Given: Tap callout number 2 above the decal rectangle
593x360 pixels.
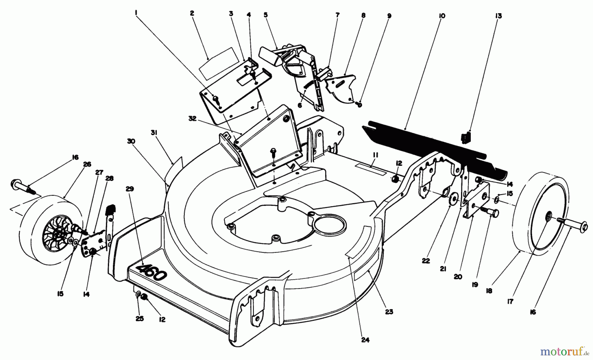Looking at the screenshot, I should click(x=192, y=14).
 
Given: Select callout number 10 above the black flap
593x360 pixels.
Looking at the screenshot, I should click(x=442, y=16).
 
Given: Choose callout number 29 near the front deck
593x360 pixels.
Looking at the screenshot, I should click(x=130, y=189).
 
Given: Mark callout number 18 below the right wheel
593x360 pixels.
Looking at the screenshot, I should click(x=489, y=291).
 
